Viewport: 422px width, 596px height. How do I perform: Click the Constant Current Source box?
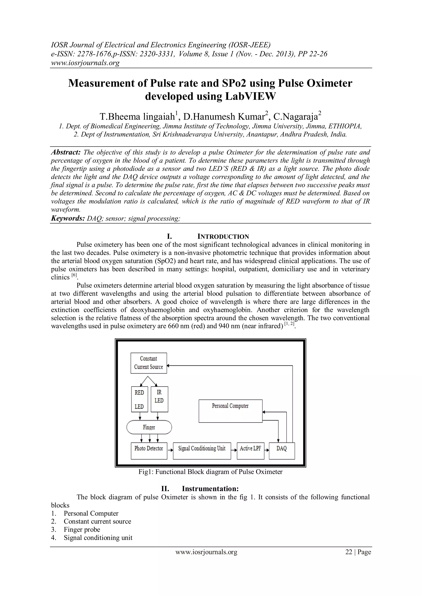coord(149,363)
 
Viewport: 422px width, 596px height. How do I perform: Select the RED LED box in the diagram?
coord(139,399)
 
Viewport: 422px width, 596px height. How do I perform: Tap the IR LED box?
coord(159,399)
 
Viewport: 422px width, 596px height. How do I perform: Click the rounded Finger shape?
coord(149,427)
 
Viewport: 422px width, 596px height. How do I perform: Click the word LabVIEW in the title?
coord(250,96)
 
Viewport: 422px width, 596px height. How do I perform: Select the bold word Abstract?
coord(66,152)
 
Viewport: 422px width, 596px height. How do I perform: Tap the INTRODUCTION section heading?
coord(223,236)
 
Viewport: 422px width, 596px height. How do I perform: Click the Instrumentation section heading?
coord(210,489)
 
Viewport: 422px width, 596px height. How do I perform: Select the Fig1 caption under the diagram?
coord(210,472)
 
